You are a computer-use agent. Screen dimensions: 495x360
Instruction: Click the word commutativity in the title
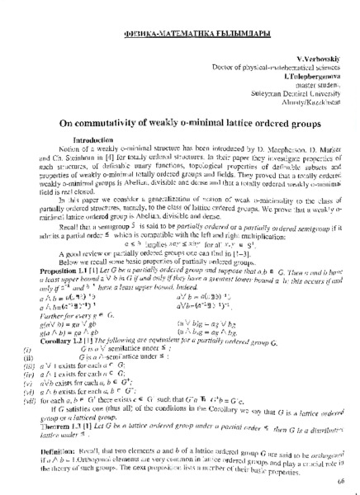tap(126, 120)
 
